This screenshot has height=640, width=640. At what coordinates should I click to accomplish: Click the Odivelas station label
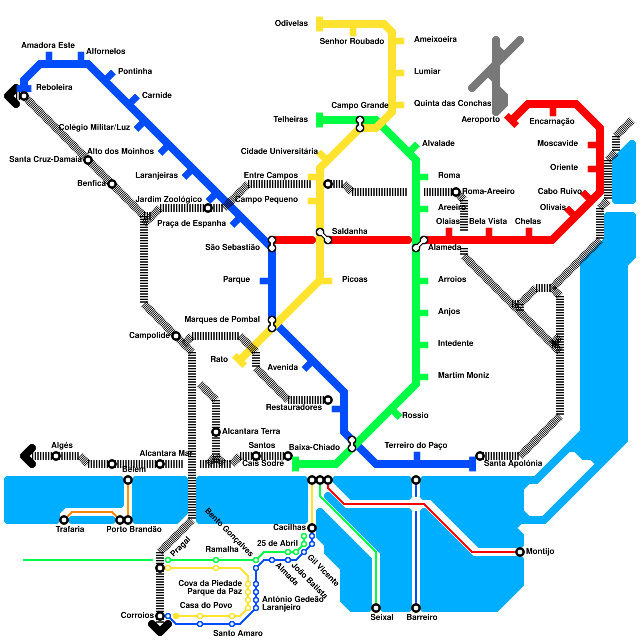(291, 23)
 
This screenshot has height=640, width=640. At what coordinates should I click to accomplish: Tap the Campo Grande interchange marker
(360, 124)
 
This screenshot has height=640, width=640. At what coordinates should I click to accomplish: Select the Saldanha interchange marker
(324, 236)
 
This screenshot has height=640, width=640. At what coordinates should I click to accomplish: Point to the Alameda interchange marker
(420, 244)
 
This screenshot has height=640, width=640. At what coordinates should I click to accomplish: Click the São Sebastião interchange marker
(272, 244)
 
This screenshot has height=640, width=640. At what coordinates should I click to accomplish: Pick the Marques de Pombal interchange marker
(272, 324)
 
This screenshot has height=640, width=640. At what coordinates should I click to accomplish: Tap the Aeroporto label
(480, 119)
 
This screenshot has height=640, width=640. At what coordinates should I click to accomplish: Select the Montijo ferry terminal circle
(520, 552)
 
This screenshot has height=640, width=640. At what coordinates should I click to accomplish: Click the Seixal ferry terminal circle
(376, 608)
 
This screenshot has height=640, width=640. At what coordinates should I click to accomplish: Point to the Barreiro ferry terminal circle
(416, 608)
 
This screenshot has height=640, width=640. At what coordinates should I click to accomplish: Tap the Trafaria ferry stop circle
(64, 520)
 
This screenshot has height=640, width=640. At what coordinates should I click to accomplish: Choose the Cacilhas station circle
(312, 528)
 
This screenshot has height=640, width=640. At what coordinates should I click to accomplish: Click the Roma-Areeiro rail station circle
(456, 192)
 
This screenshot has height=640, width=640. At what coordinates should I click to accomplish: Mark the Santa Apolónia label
(513, 463)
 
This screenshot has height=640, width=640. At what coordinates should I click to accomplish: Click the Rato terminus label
(219, 359)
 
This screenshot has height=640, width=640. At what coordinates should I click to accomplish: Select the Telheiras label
(290, 119)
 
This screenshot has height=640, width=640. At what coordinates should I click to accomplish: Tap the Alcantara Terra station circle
(216, 432)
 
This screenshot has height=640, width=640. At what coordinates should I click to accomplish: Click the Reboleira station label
(54, 87)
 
